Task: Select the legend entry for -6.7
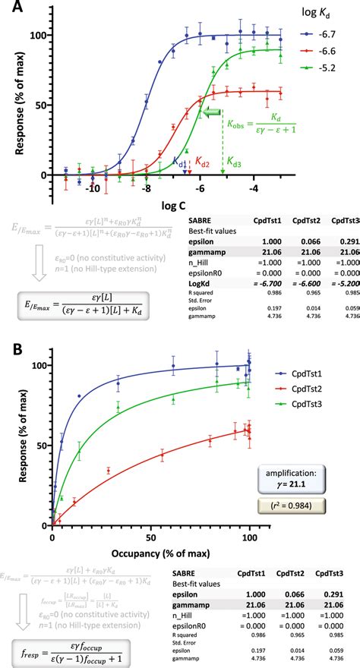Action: pos(325,34)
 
